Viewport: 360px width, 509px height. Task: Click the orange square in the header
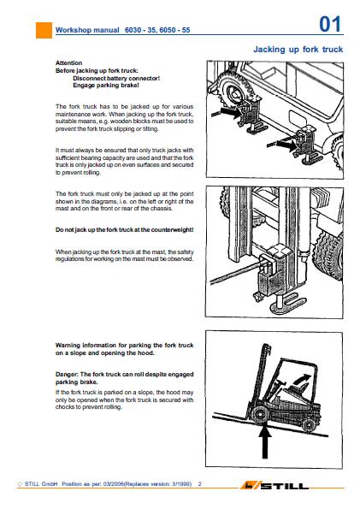click(44, 30)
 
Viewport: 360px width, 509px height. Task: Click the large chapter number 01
click(330, 24)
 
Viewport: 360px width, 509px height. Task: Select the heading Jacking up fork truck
click(298, 50)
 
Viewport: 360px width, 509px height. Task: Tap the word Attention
click(68, 63)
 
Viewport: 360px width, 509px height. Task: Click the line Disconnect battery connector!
click(116, 78)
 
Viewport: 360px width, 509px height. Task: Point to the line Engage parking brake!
click(106, 86)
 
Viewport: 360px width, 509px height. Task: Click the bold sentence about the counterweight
click(124, 230)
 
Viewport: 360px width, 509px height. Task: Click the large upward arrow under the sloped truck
click(265, 441)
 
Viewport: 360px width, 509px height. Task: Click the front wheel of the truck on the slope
click(260, 415)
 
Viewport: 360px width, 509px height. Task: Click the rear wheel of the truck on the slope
click(309, 424)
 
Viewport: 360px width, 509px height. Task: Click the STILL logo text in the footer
click(285, 486)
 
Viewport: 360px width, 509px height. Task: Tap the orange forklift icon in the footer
click(250, 486)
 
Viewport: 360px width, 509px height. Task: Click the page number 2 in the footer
click(199, 483)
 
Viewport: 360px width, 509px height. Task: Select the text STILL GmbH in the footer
click(41, 483)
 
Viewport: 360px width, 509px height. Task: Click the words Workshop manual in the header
click(87, 30)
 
